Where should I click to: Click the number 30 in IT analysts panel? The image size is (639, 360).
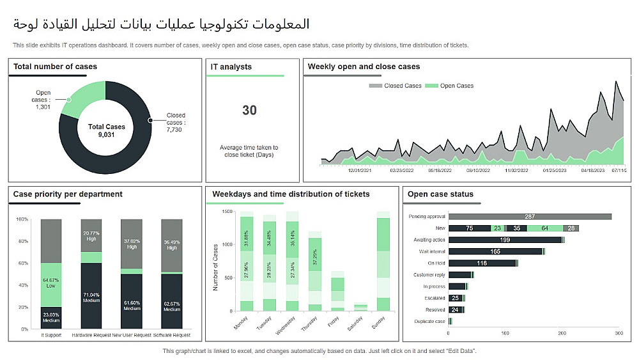(249, 111)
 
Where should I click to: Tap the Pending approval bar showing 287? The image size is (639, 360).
(530, 217)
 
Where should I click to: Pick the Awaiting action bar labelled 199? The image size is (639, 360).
(505, 240)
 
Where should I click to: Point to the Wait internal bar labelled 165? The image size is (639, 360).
(495, 251)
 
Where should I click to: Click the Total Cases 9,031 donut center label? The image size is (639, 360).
(107, 130)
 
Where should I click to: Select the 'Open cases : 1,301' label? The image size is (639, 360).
(43, 99)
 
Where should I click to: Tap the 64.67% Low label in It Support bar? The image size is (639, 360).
(51, 283)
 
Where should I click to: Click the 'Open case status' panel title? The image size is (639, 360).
(440, 194)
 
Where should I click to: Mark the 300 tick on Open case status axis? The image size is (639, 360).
(618, 333)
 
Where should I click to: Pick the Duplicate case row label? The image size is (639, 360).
(429, 321)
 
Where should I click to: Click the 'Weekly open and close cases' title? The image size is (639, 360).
(364, 67)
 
